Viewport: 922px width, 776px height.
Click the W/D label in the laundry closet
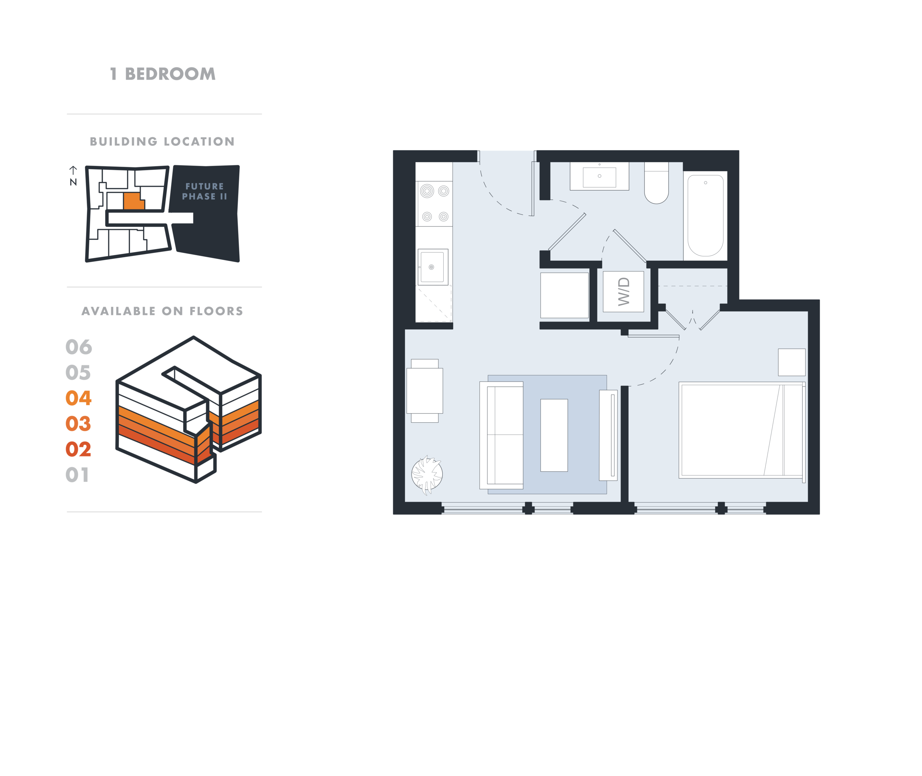click(x=624, y=292)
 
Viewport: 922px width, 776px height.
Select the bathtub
click(x=705, y=215)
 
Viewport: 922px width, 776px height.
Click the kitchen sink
click(x=432, y=267)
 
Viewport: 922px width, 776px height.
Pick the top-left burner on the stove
click(x=427, y=191)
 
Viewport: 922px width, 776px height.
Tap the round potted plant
click(x=427, y=475)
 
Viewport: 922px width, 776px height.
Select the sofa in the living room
click(x=502, y=435)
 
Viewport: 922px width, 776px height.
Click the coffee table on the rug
click(x=554, y=435)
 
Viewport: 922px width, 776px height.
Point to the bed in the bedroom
click(x=742, y=430)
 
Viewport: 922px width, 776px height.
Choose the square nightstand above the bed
click(x=791, y=362)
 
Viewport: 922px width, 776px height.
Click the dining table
click(x=424, y=391)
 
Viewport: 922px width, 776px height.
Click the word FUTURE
click(x=205, y=187)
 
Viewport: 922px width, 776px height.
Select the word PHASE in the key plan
click(x=199, y=197)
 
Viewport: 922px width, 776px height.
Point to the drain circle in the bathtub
click(x=706, y=183)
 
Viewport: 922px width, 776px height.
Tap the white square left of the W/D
click(x=564, y=295)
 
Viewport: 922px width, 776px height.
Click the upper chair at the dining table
click(x=424, y=363)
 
